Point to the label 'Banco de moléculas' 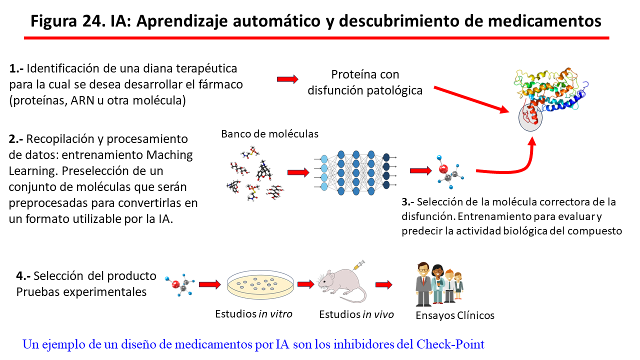pyautogui.click(x=269, y=134)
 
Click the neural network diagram pyautogui.click(x=354, y=171)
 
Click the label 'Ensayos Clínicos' pyautogui.click(x=455, y=315)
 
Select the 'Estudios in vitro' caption pyautogui.click(x=253, y=314)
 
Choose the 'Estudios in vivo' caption pyautogui.click(x=356, y=314)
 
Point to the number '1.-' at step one pyautogui.click(x=16, y=68)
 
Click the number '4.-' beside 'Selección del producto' pyautogui.click(x=23, y=276)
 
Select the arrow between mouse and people pyautogui.click(x=384, y=284)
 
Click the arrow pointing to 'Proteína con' pyautogui.click(x=287, y=79)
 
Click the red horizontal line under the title pyautogui.click(x=317, y=37)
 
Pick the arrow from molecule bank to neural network pyautogui.click(x=298, y=172)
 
